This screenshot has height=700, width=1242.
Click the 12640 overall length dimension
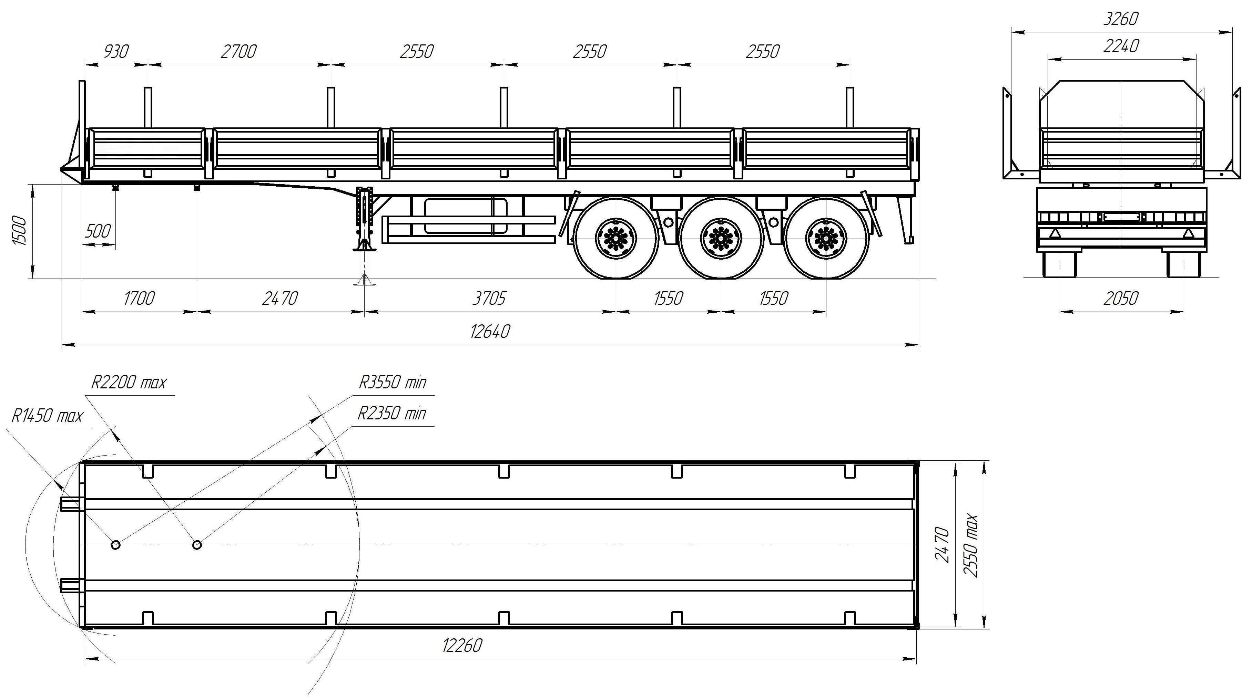[490, 332]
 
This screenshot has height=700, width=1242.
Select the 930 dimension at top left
[116, 51]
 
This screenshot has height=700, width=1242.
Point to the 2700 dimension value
[239, 51]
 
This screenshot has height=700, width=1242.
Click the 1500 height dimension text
[19, 231]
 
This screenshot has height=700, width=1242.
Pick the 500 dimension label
[98, 231]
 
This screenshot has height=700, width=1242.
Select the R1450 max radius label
[47, 416]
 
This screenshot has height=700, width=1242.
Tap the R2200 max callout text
[129, 383]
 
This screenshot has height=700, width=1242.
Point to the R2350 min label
[391, 413]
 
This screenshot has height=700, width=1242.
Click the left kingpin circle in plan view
[116, 545]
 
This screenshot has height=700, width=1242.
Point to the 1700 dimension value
[139, 299]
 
